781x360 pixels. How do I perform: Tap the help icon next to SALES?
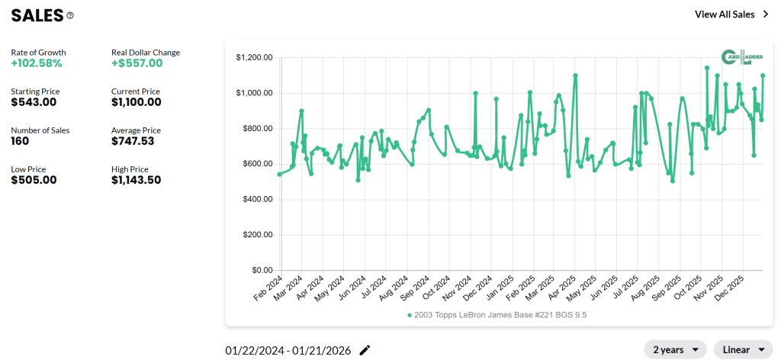[x=71, y=15]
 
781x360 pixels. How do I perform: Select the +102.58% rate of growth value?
[x=37, y=63]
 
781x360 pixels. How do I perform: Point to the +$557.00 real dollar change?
[x=137, y=63]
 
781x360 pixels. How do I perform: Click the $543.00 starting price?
[x=34, y=102]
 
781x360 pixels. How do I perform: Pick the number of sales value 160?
[x=20, y=141]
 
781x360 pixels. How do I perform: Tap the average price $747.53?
[x=136, y=141]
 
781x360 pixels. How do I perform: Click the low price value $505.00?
[x=34, y=180]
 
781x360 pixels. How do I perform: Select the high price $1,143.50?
[x=140, y=180]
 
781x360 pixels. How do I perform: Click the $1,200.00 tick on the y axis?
[x=255, y=57]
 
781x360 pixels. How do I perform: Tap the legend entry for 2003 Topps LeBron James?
[x=497, y=314]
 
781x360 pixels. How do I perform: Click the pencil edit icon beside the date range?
[x=365, y=350]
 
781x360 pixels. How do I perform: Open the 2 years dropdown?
[x=675, y=350]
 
